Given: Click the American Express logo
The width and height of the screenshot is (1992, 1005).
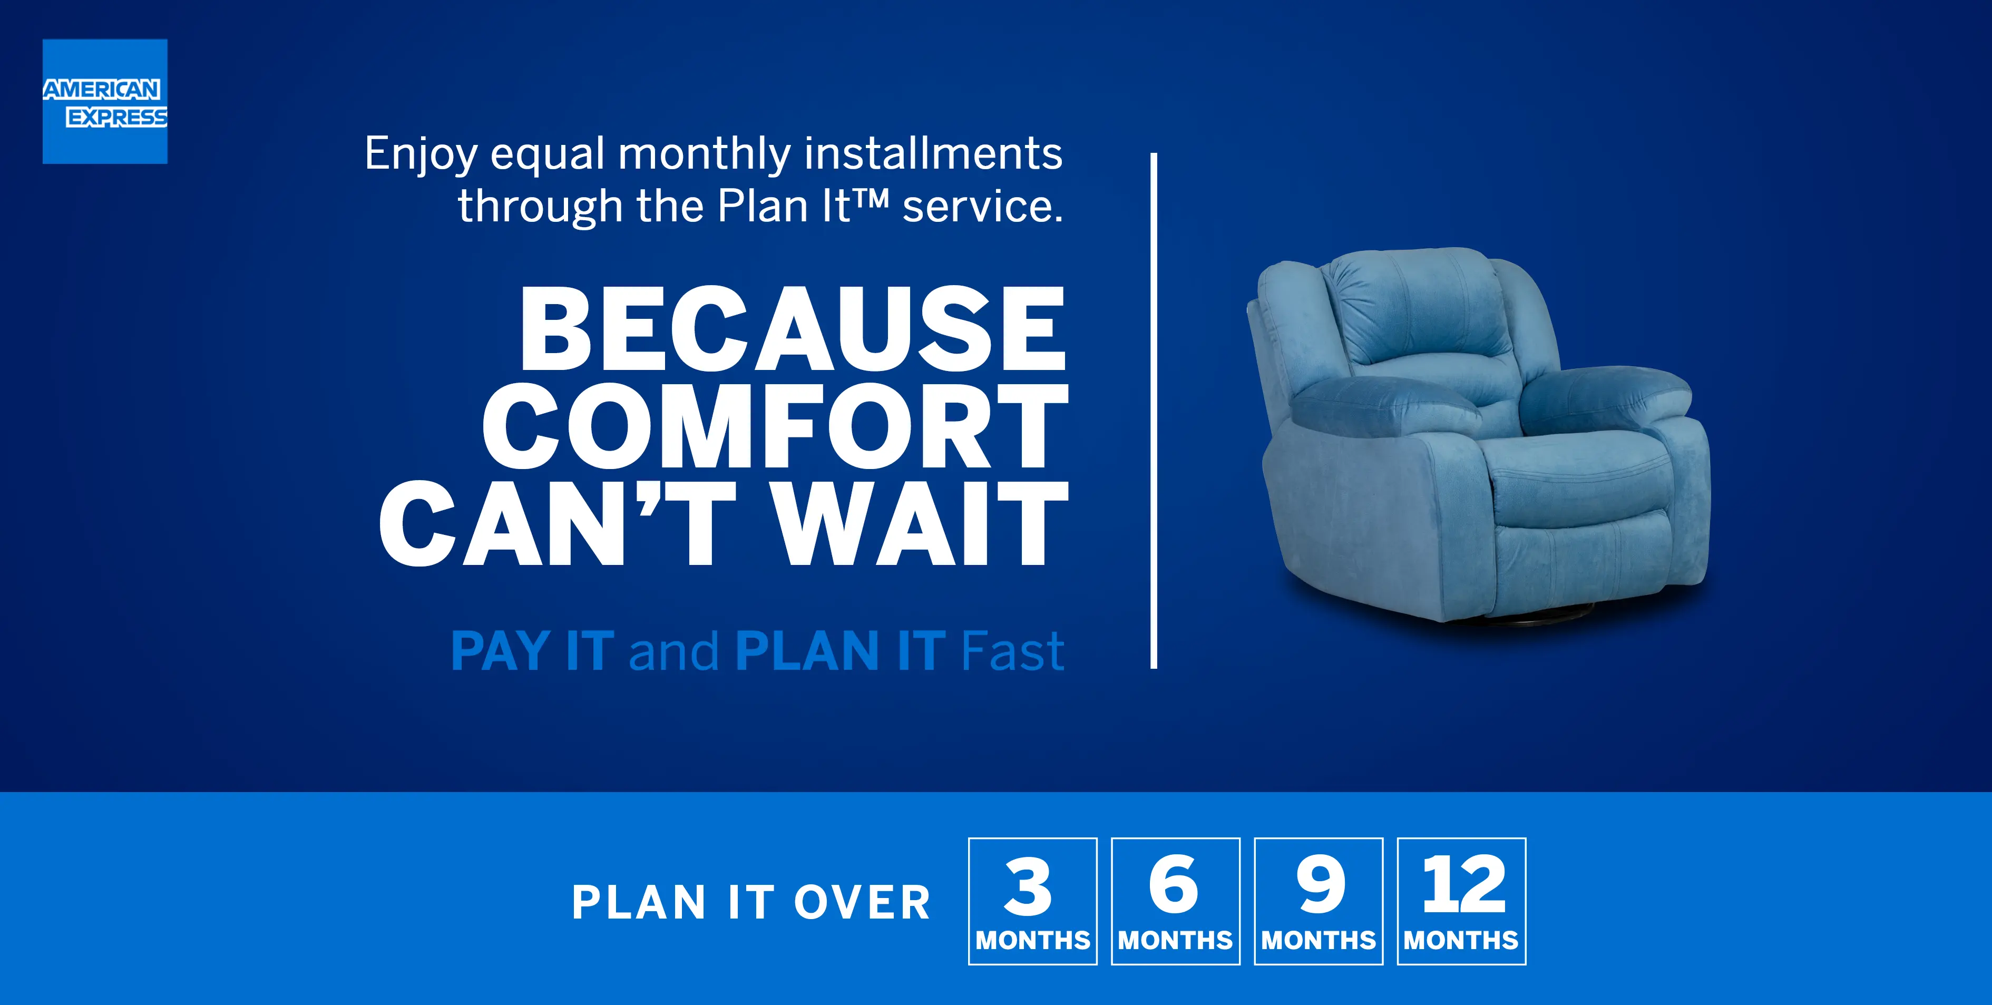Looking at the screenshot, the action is [104, 101].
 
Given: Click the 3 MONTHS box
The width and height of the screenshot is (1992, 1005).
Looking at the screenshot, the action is [1032, 901].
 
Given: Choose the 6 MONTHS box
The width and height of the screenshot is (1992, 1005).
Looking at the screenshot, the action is [1175, 901].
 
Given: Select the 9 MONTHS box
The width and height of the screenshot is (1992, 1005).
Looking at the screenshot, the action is [1319, 901].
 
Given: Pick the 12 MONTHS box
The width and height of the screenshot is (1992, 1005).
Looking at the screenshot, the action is [1461, 901].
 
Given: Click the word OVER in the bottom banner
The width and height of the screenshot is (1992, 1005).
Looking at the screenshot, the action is [862, 902].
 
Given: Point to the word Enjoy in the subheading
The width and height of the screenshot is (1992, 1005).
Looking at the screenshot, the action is [422, 154].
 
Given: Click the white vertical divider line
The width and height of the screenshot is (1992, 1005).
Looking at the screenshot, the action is [1154, 411].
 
